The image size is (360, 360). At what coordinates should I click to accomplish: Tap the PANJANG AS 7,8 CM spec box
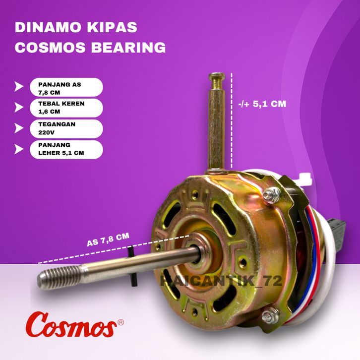[66, 87]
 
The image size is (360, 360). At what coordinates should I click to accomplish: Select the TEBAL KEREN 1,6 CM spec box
[66, 108]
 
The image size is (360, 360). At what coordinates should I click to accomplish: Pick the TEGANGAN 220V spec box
[66, 128]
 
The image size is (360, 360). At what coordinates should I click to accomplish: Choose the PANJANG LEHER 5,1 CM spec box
[66, 149]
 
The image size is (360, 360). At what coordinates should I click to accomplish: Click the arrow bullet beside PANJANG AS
[19, 86]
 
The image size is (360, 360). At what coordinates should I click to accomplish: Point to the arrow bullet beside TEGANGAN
[19, 128]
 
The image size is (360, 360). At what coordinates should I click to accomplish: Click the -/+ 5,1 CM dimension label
[262, 104]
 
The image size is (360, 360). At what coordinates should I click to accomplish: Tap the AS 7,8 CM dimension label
[108, 240]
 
